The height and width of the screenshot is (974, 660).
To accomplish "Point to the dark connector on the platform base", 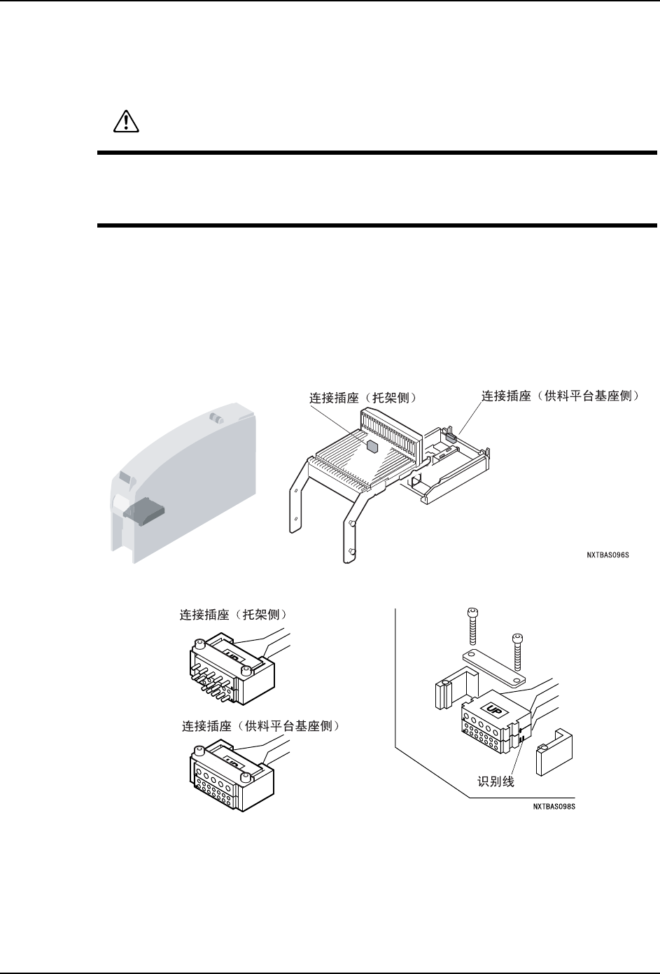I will [x=451, y=438].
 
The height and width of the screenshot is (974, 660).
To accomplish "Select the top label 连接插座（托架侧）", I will [x=363, y=398].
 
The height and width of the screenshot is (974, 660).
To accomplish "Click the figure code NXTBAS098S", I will [x=557, y=807].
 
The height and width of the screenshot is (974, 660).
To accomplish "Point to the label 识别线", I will [x=495, y=781].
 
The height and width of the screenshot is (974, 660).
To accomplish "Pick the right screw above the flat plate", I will [x=517, y=651].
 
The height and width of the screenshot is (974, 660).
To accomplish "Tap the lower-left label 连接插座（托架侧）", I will [x=235, y=615].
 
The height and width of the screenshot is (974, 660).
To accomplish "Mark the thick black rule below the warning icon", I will [x=377, y=153].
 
